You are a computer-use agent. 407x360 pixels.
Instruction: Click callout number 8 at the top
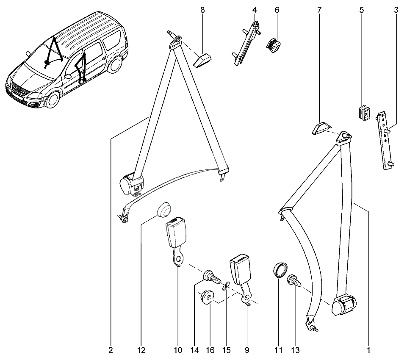pyautogui.click(x=202, y=9)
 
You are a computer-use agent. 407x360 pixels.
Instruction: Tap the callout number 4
pyautogui.click(x=255, y=9)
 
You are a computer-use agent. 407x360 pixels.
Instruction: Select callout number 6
pyautogui.click(x=277, y=9)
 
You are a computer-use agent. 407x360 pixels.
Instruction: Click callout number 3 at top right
pyautogui.click(x=396, y=9)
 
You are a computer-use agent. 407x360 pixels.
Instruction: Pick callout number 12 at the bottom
pyautogui.click(x=141, y=350)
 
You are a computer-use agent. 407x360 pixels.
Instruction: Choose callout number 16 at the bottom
pyautogui.click(x=210, y=350)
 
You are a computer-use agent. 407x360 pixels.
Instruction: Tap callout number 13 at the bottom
pyautogui.click(x=295, y=350)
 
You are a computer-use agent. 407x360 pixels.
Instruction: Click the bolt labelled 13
pyautogui.click(x=293, y=281)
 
